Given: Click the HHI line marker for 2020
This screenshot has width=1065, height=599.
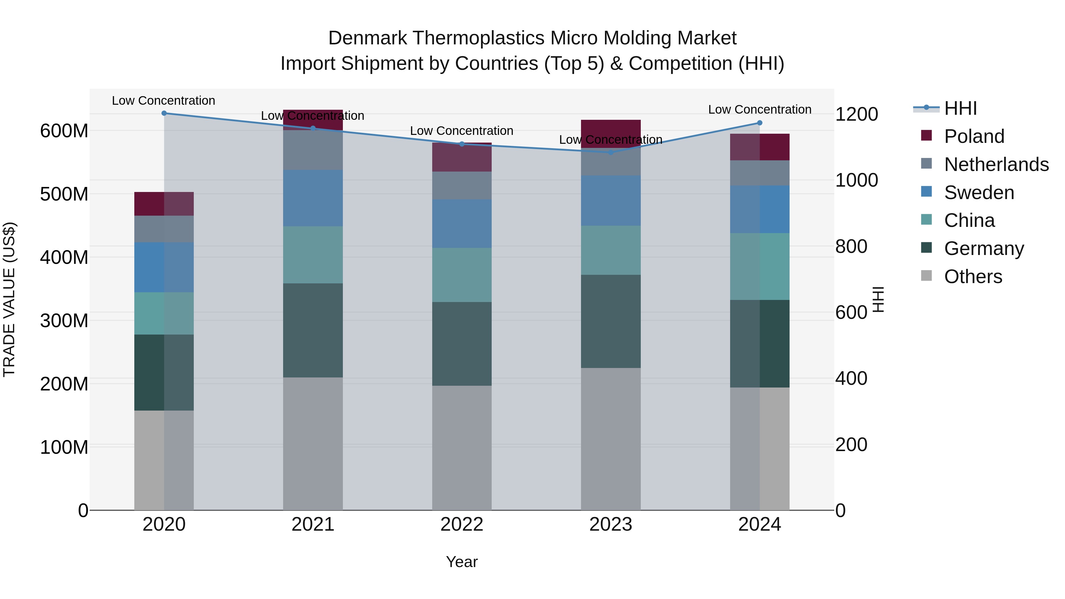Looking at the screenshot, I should coord(164,113).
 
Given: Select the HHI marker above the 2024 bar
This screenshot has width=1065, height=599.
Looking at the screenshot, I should coord(759,123).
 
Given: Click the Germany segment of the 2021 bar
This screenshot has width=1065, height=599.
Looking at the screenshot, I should coord(313,330).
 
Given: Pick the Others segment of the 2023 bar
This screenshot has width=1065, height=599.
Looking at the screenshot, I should coord(611,439).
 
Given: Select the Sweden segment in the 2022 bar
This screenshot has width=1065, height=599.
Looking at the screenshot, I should coord(462,224).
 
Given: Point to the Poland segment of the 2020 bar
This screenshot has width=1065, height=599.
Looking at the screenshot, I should coord(164,204).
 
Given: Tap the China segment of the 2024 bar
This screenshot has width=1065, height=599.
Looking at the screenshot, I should coord(759,267).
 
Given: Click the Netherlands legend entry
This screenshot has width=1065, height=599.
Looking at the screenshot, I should coord(996,164).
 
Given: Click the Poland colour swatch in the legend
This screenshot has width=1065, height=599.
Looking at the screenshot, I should coord(927,135).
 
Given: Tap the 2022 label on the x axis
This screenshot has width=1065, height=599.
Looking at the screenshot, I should coord(462,524).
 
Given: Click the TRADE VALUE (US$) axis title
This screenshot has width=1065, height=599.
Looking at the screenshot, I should coord(9,300).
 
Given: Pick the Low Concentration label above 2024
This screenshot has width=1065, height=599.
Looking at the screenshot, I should coord(759,109).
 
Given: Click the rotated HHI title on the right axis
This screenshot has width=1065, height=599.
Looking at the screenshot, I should coord(878,300).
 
